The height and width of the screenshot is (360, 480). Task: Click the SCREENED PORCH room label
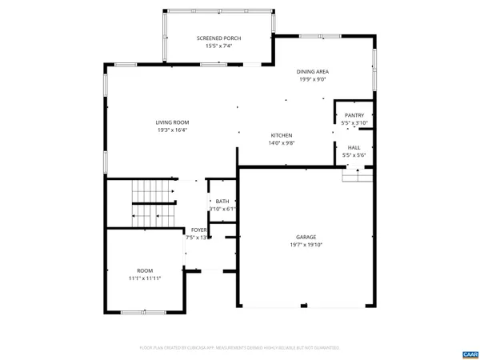(x=218, y=38)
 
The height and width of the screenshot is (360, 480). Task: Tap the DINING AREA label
(x=314, y=72)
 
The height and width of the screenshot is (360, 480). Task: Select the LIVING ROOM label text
(x=171, y=122)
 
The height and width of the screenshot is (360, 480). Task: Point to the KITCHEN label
(x=281, y=135)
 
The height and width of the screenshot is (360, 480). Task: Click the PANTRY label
(x=354, y=116)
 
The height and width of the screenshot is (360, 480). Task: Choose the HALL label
(x=354, y=147)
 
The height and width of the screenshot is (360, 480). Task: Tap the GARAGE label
(x=306, y=237)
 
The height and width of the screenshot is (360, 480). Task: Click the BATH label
(x=222, y=202)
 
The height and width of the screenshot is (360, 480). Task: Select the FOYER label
(x=198, y=230)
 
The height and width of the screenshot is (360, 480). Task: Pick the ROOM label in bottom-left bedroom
(x=144, y=270)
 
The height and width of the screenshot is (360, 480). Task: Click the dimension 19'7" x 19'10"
(x=306, y=245)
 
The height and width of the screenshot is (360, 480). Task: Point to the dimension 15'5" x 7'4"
(x=218, y=46)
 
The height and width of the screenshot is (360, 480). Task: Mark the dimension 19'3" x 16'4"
(x=171, y=130)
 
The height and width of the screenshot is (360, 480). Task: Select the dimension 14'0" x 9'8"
(x=281, y=143)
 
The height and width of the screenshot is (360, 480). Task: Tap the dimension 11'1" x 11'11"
(x=144, y=278)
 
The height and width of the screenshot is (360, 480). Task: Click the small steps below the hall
(x=358, y=173)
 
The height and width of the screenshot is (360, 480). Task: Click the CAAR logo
(x=470, y=353)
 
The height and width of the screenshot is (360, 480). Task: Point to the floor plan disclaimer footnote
(x=240, y=348)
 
